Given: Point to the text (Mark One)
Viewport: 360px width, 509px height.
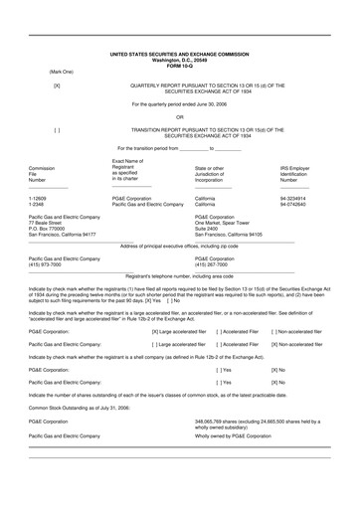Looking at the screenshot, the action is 63,70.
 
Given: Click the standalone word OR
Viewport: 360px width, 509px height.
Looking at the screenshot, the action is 179,116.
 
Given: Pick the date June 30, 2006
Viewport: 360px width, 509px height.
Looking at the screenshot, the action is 209,103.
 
